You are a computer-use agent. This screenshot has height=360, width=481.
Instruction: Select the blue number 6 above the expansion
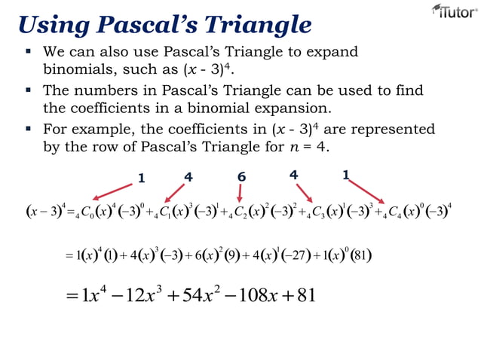(241, 177)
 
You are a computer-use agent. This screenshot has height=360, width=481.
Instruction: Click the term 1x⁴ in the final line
(84, 294)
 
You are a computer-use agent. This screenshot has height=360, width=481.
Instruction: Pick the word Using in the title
(52, 25)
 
